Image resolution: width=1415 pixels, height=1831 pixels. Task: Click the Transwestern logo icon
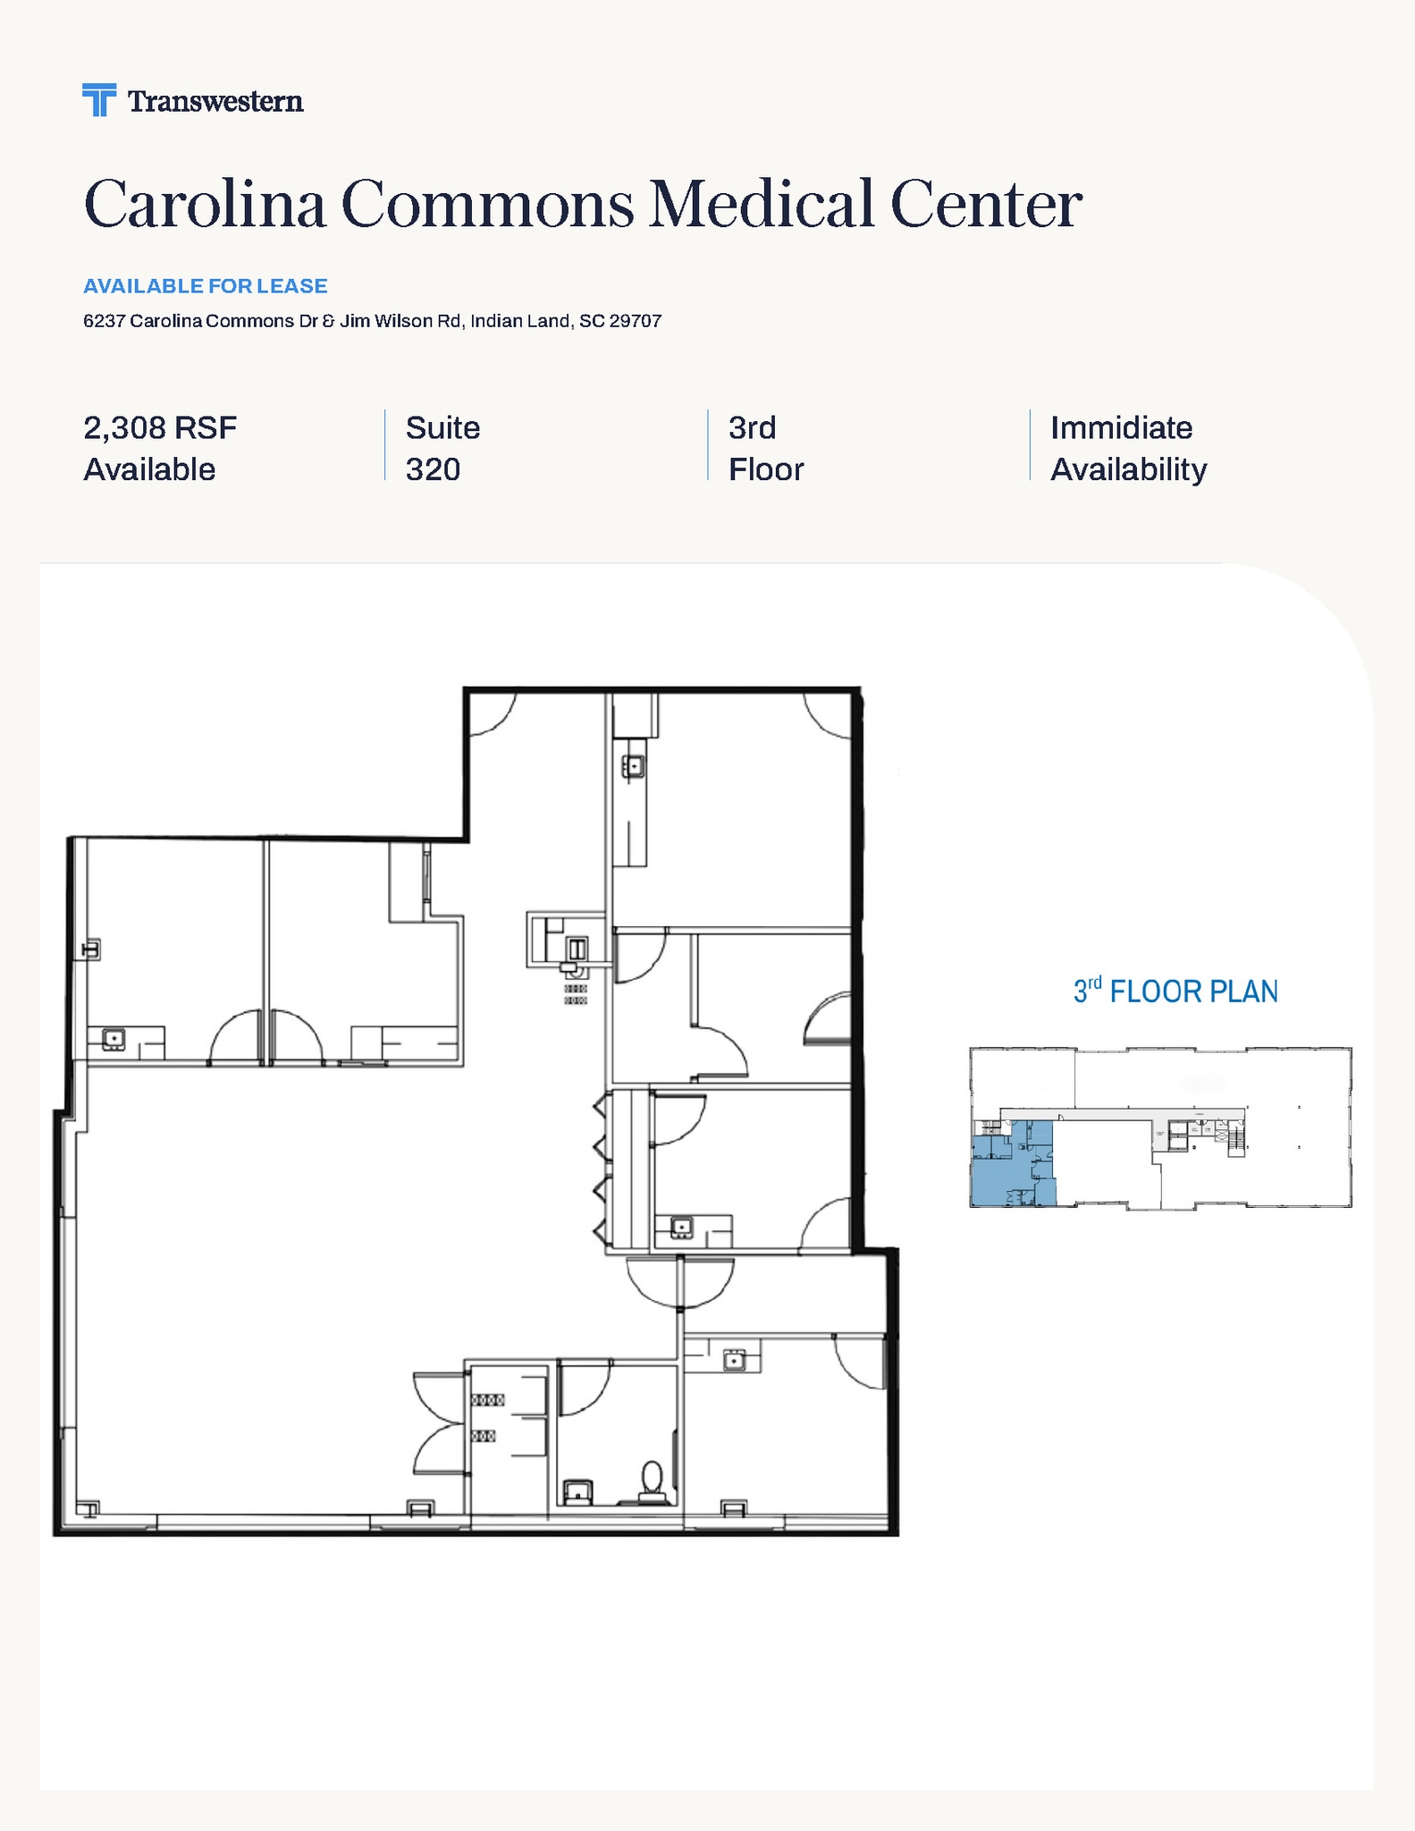99,100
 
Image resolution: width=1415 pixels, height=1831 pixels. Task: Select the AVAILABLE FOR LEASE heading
206,286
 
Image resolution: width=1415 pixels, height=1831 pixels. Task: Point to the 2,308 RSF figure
160,428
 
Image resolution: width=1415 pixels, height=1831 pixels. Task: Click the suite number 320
433,469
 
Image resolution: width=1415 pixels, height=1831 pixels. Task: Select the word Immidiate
1121,428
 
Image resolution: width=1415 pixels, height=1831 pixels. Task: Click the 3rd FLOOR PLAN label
1175,991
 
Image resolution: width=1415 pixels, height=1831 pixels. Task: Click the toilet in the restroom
652,1481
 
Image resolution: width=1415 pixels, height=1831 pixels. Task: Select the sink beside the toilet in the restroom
578,1490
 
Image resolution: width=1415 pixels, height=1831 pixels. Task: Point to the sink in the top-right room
634,766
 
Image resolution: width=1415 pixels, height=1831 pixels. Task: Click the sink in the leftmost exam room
114,1039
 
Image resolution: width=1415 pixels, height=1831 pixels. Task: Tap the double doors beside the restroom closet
441,1422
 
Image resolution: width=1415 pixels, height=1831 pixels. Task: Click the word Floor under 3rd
766,469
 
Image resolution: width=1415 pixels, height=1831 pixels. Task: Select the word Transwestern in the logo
215,101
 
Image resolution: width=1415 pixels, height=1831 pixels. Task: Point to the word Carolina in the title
205,204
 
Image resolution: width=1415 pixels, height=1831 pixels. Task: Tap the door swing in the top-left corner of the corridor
491,713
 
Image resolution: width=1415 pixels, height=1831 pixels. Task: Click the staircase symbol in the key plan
1236,1142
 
